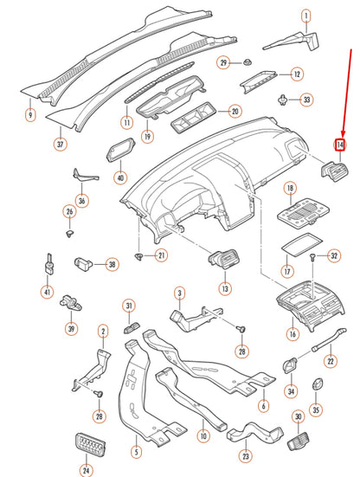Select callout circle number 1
tap(305, 16)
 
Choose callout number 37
tap(60, 144)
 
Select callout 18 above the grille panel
tap(291, 188)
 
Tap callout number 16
tap(293, 332)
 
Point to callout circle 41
tap(47, 292)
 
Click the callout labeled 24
tap(86, 471)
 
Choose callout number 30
tap(298, 417)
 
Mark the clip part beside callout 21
tap(140, 258)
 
